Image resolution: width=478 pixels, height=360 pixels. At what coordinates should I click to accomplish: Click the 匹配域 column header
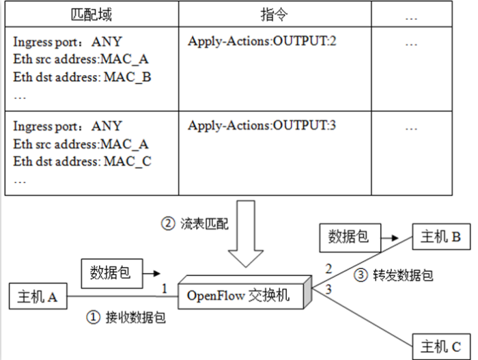point(92,14)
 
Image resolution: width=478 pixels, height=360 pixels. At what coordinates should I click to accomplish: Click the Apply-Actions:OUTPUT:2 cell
point(263,42)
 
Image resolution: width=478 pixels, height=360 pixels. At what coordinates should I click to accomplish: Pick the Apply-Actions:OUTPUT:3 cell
point(263,126)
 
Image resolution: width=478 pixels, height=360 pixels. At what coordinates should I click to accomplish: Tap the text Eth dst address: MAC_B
point(82,77)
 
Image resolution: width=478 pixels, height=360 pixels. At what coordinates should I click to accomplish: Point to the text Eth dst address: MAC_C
point(82,161)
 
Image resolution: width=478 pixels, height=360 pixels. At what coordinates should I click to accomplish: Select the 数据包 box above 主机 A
point(110,273)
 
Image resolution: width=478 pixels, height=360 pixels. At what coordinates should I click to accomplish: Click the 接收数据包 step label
point(127,317)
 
